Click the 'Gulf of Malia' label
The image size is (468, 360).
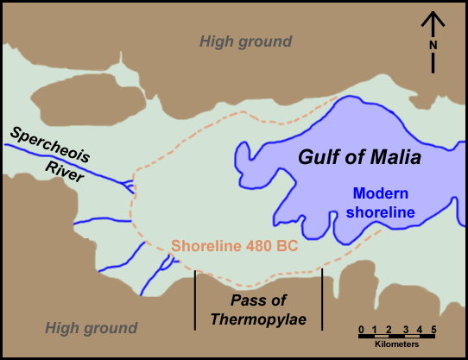pos(359,158)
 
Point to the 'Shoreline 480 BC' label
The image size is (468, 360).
pos(234,246)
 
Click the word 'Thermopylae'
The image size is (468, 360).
pos(258,319)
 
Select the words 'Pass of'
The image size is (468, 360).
pos(258,300)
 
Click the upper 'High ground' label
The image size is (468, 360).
pos(246,41)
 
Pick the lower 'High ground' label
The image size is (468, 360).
pos(91,328)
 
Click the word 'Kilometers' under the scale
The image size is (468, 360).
pos(397,343)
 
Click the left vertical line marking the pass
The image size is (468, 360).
pos(195,299)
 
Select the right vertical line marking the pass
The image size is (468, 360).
pos(322,299)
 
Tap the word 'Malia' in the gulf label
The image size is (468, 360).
pos(392,158)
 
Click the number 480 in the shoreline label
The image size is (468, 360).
pos(252,246)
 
